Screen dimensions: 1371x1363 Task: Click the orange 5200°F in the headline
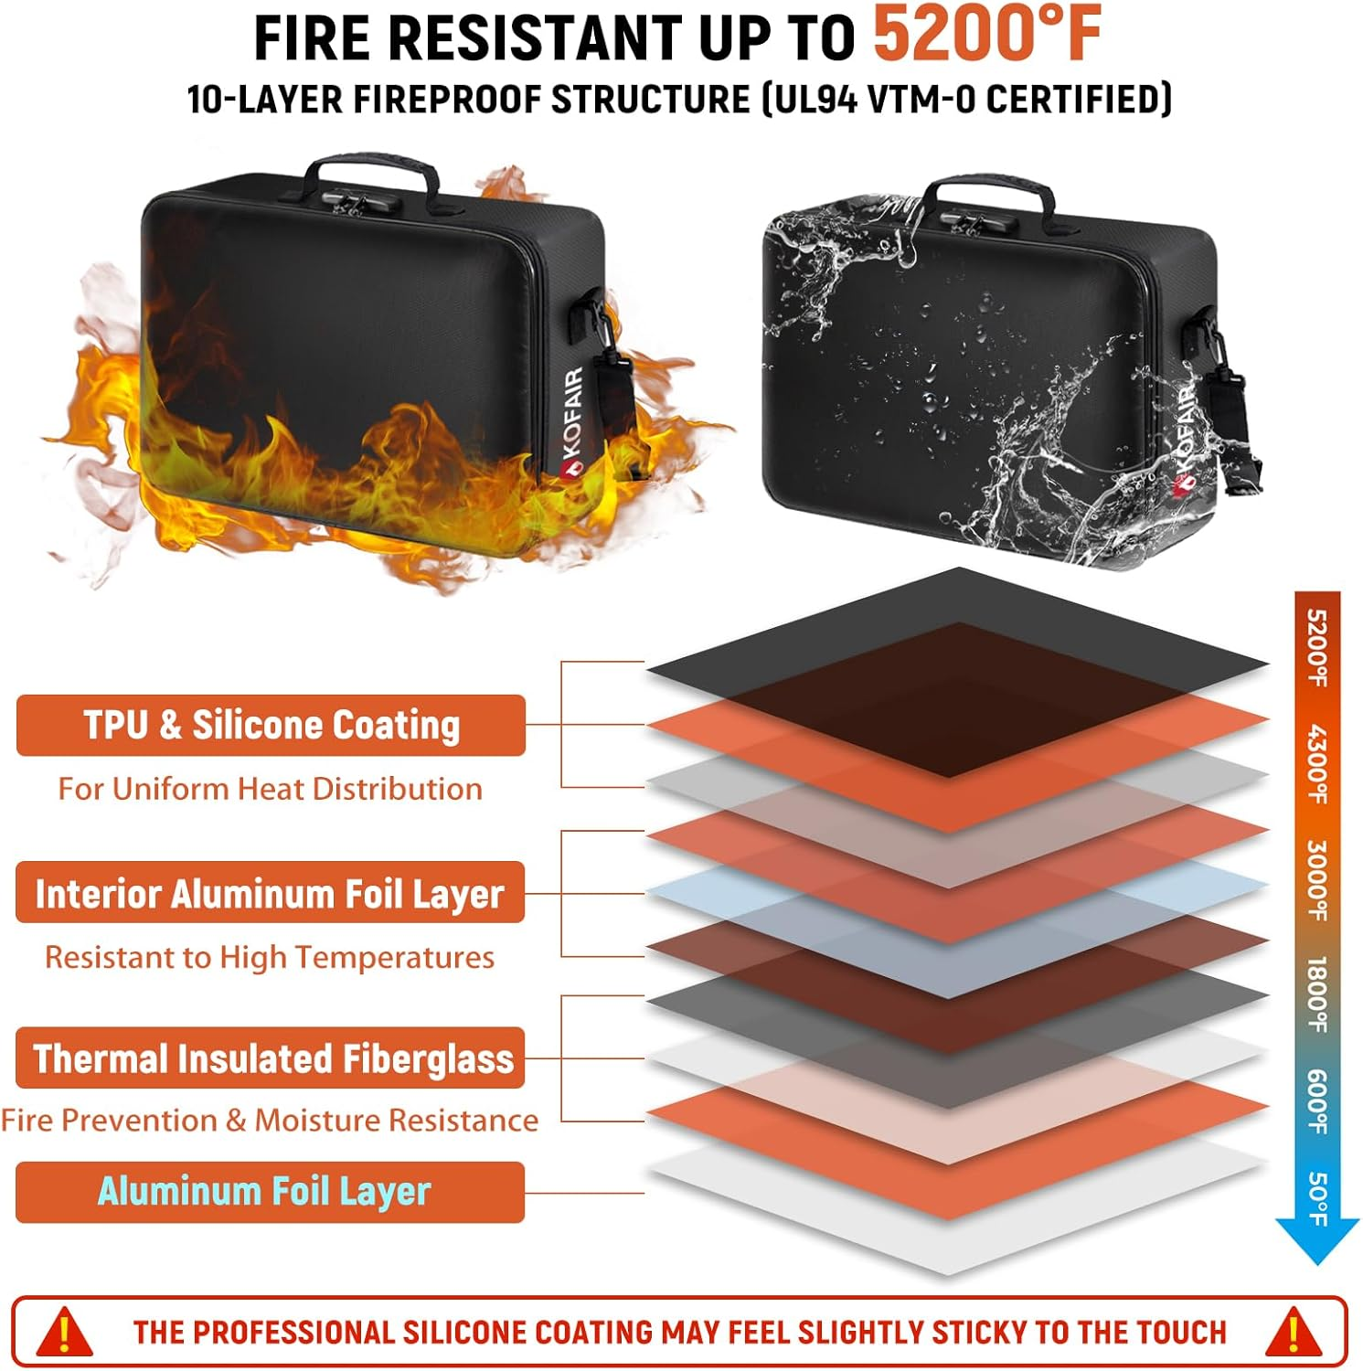(987, 35)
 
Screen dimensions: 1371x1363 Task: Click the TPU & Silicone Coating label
(272, 726)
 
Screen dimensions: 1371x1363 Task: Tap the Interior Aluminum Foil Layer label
(270, 893)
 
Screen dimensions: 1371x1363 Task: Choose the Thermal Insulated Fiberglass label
(272, 1058)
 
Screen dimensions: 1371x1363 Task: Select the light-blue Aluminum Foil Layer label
(264, 1192)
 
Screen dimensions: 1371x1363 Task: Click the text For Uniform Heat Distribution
(270, 789)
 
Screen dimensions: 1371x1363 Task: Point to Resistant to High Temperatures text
(270, 957)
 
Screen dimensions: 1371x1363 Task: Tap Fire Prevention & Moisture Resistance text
(270, 1121)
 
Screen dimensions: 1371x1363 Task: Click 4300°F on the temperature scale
(1317, 764)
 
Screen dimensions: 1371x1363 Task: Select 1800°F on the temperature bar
(1317, 994)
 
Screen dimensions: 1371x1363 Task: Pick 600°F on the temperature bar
(1317, 1101)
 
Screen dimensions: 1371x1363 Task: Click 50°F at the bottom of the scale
(1317, 1198)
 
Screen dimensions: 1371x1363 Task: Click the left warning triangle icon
(64, 1332)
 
